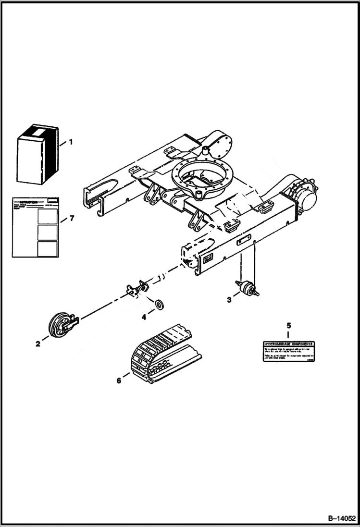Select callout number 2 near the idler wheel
pyautogui.click(x=37, y=343)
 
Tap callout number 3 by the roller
pyautogui.click(x=229, y=300)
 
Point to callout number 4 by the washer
pyautogui.click(x=143, y=317)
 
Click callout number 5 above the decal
pyautogui.click(x=288, y=326)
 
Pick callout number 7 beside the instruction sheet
pyautogui.click(x=71, y=219)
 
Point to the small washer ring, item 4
pyautogui.click(x=158, y=305)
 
